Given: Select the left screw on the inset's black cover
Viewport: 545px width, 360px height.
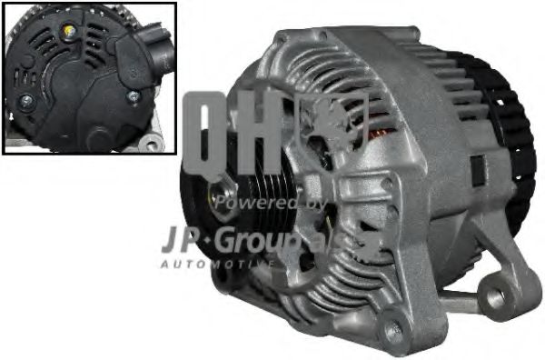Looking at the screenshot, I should [x=27, y=100].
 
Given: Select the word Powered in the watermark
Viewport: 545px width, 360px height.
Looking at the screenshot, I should [x=259, y=202].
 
